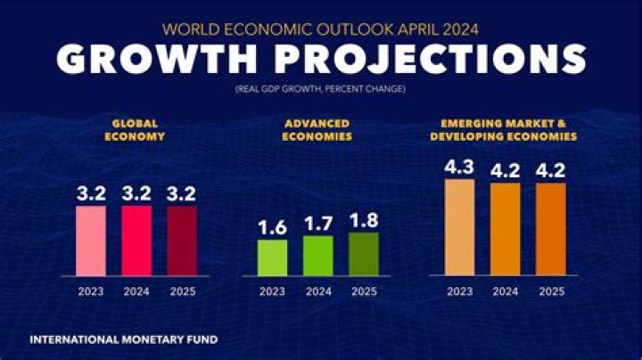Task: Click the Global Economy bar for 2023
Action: tap(91, 241)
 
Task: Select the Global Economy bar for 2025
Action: tap(182, 241)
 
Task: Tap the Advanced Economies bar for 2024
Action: tap(318, 255)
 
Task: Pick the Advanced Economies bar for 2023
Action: tap(273, 257)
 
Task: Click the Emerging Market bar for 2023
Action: tap(459, 227)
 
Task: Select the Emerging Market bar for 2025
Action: tap(550, 229)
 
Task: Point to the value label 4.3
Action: tap(459, 167)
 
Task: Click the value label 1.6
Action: tap(273, 227)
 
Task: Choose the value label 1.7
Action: tap(318, 224)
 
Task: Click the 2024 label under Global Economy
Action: tap(136, 290)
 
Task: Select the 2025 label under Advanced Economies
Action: tap(364, 290)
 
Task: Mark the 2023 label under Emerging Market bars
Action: tap(459, 290)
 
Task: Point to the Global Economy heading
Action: tap(136, 131)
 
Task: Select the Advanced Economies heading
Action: tap(317, 131)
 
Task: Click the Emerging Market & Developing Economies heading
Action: tap(503, 131)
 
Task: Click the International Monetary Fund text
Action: tap(123, 340)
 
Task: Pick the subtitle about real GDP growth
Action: tap(321, 90)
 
